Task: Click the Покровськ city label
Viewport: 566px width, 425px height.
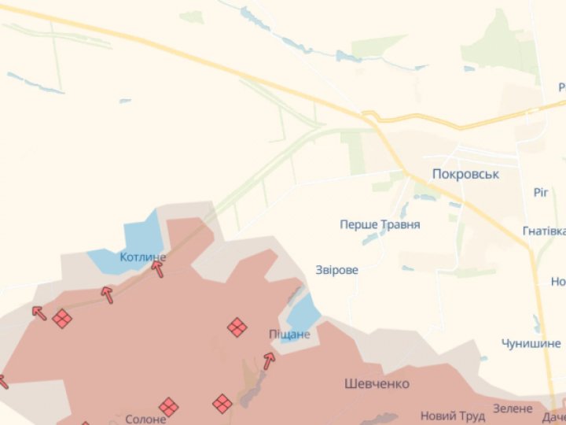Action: pos(465,173)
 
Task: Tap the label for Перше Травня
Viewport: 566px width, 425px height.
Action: pos(380,224)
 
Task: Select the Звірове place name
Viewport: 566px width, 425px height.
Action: pos(336,270)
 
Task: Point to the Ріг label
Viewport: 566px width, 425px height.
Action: pos(540,192)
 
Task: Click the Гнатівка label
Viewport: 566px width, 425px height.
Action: pos(544,231)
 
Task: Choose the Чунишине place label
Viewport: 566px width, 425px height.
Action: pos(531,343)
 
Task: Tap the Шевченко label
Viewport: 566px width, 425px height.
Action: pos(377,383)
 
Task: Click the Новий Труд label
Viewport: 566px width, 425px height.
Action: pos(452,416)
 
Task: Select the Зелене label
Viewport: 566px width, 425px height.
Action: pos(513,408)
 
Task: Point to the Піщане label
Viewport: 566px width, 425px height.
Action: pos(290,334)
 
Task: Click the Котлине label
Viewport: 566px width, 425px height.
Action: pos(143,257)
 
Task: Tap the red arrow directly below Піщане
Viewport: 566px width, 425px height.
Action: pos(269,360)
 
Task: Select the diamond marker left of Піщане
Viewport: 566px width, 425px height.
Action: pos(237,327)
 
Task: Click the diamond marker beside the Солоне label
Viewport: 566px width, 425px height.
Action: pos(168,407)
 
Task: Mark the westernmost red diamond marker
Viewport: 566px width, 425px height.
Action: pos(62,319)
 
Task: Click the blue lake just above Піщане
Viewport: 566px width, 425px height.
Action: pos(303,312)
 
